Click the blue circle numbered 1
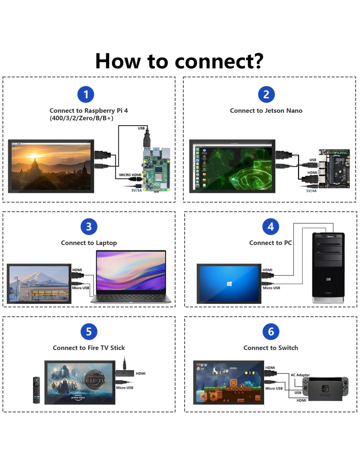pyautogui.click(x=86, y=95)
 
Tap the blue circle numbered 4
pyautogui.click(x=271, y=227)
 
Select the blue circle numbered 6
pyautogui.click(x=271, y=332)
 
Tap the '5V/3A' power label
pyautogui.click(x=136, y=190)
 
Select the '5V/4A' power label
pyautogui.click(x=311, y=191)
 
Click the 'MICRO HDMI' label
pyautogui.click(x=130, y=175)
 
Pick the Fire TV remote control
pyautogui.click(x=36, y=390)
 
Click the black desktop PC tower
pyautogui.click(x=328, y=267)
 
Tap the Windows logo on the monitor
pyautogui.click(x=229, y=284)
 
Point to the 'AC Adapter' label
pyautogui.click(x=300, y=375)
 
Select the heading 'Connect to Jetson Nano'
pyautogui.click(x=266, y=111)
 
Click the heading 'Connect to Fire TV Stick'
pyautogui.click(x=89, y=348)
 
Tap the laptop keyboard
pyautogui.click(x=131, y=297)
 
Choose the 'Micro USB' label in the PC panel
pyautogui.click(x=271, y=288)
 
